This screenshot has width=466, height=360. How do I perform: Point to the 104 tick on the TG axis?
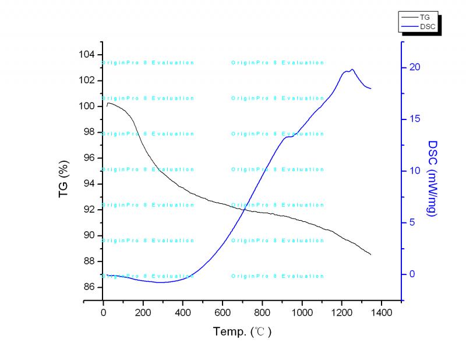click(x=87, y=55)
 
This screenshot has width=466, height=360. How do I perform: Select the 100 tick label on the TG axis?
click(x=87, y=106)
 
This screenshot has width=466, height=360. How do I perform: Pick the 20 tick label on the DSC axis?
click(x=414, y=68)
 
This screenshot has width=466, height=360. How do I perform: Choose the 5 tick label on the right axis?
click(x=412, y=223)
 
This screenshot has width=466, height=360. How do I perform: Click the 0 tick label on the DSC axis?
click(x=412, y=274)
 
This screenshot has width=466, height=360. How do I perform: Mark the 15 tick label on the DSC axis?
click(x=414, y=119)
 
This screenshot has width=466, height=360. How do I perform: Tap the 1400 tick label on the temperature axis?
click(x=382, y=312)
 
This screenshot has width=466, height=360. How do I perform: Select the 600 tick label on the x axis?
click(x=223, y=312)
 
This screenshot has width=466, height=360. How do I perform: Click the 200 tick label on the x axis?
click(x=143, y=312)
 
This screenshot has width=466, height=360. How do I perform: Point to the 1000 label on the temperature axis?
click(x=302, y=312)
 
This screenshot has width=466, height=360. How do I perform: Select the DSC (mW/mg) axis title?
click(x=433, y=178)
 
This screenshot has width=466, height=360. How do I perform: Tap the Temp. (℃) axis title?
click(x=242, y=332)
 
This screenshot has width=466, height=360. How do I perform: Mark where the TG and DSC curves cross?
click(x=242, y=209)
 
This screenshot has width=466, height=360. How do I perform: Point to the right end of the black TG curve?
click(x=371, y=255)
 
